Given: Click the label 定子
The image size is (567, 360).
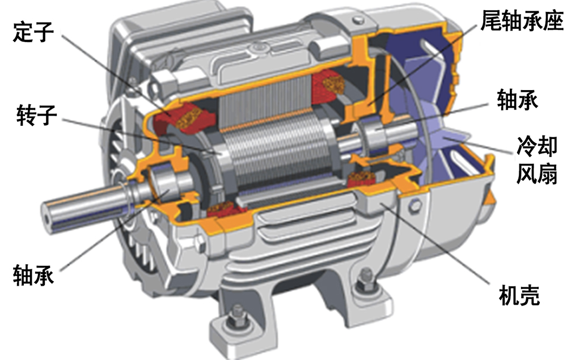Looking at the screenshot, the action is (x=33, y=32).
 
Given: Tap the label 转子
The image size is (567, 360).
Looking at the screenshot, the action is (x=36, y=115).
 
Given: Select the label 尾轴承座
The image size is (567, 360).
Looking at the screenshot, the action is (x=522, y=20).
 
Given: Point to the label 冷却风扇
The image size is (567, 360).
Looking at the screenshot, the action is (x=536, y=160).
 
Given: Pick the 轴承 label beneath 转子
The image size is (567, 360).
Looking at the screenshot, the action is (x=33, y=275).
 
